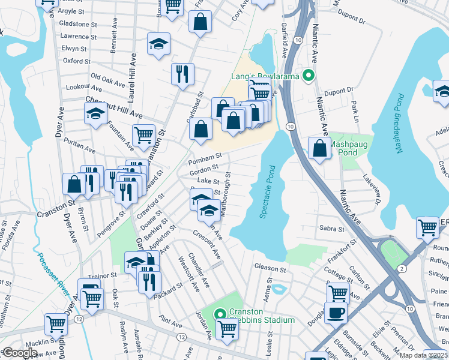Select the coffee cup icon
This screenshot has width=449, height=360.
click(336, 313)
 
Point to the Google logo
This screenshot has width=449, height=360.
click(20, 353)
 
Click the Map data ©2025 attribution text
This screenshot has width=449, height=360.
click(421, 356)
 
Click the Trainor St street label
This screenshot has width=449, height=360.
click(104, 275)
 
